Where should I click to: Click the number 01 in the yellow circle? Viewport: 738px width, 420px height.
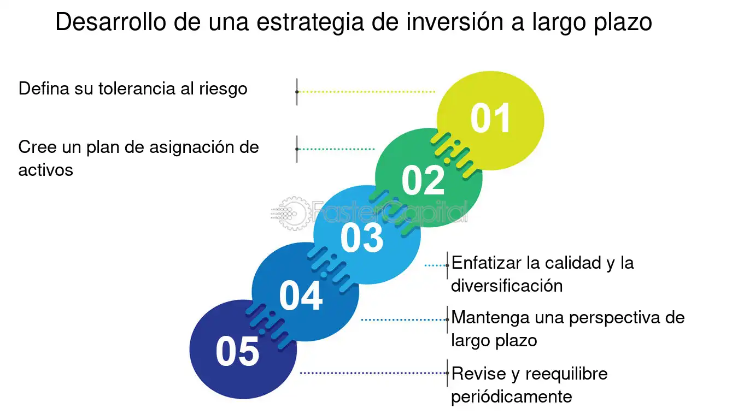(490, 118)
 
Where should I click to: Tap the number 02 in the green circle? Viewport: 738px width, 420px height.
(423, 180)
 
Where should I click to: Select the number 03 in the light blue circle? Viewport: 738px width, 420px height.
(362, 238)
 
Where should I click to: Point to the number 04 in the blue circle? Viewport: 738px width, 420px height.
(301, 295)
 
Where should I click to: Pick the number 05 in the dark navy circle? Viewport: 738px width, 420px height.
(237, 351)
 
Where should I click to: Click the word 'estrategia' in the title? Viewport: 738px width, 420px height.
(310, 22)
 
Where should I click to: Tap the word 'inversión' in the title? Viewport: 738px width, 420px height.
(455, 21)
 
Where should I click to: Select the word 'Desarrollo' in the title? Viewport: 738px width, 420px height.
(110, 22)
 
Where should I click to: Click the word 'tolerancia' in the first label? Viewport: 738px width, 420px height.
(137, 88)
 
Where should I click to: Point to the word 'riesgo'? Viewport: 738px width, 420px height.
(223, 90)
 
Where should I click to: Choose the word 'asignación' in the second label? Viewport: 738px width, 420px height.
(192, 148)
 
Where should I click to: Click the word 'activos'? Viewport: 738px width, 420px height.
(45, 170)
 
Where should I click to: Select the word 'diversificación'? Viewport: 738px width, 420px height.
(507, 286)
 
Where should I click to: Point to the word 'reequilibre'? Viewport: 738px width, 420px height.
(566, 375)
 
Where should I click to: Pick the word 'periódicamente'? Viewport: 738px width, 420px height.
(511, 397)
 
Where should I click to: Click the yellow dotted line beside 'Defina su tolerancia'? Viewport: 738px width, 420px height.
(366, 92)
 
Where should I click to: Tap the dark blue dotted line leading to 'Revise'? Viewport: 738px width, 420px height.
(373, 373)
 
